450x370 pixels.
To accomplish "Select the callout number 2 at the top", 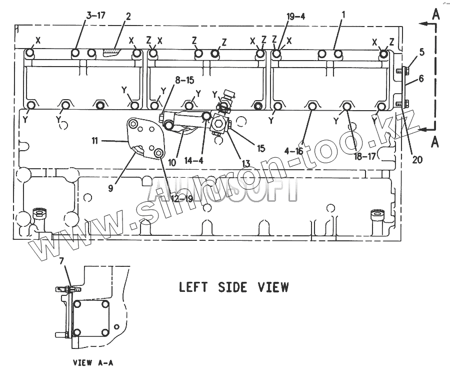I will [x=128, y=17].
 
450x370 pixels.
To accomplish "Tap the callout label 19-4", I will [x=295, y=17].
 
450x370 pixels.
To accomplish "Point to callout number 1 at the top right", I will [x=343, y=17].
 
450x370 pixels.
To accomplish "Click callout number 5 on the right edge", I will [x=421, y=52].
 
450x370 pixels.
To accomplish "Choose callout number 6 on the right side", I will [x=421, y=78].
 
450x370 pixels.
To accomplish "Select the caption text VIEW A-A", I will [x=93, y=362].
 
